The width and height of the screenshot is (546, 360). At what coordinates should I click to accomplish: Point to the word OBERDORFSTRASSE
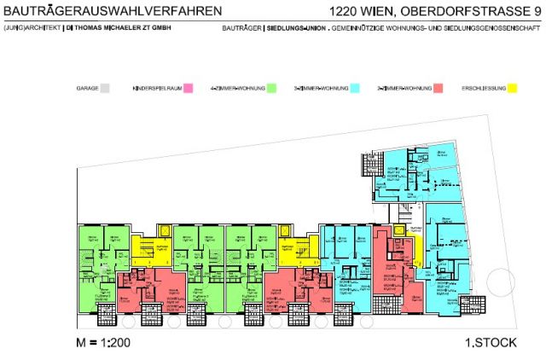(x=461, y=11)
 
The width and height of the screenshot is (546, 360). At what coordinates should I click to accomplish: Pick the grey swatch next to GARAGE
(x=106, y=88)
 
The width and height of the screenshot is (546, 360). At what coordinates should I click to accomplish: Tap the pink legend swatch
(x=187, y=88)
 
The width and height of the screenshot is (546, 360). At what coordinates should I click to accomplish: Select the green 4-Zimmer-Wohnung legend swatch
(x=271, y=88)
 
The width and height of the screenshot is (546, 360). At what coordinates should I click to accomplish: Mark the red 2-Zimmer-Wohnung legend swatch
(x=438, y=88)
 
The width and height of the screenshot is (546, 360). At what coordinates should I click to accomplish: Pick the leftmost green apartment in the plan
(x=96, y=256)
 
